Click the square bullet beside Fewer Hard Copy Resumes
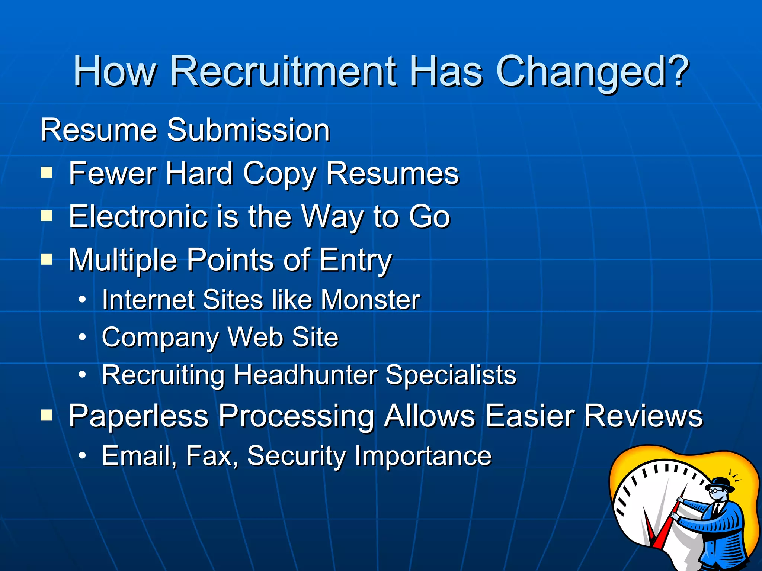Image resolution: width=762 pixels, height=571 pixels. tap(47, 172)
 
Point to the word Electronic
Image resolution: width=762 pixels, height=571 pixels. tap(138, 217)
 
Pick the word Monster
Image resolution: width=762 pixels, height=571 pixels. tap(370, 300)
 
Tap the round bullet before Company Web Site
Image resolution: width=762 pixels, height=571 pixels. tap(83, 337)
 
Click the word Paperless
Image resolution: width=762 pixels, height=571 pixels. tap(138, 416)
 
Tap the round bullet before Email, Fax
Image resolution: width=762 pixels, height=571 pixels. tap(83, 455)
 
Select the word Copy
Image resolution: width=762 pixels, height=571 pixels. tap(279, 174)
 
